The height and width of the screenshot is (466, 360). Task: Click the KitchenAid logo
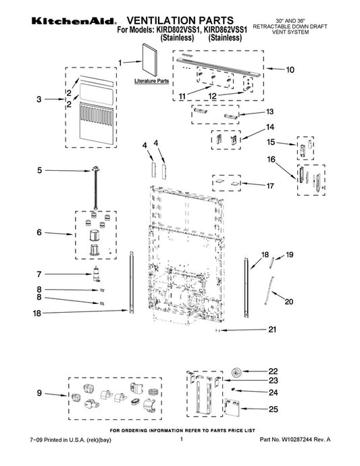73,21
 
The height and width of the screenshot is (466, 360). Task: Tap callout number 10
290,70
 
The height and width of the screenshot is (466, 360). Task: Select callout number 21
272,330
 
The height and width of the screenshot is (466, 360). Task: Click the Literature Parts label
151,81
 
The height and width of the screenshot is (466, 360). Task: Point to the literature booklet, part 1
151,59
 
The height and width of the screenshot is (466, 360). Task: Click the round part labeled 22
236,372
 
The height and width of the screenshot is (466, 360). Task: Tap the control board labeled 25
232,407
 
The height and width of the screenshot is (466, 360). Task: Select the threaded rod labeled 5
96,188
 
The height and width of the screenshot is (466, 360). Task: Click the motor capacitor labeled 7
96,274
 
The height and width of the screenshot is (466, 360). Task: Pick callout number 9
39,393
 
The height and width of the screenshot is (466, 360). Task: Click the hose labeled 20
268,290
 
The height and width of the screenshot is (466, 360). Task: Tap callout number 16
271,159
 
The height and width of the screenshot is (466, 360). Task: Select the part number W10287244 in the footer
297,440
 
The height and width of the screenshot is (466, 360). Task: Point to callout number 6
39,232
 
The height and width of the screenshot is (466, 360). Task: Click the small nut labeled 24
234,389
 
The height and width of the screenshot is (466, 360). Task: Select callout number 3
39,99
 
